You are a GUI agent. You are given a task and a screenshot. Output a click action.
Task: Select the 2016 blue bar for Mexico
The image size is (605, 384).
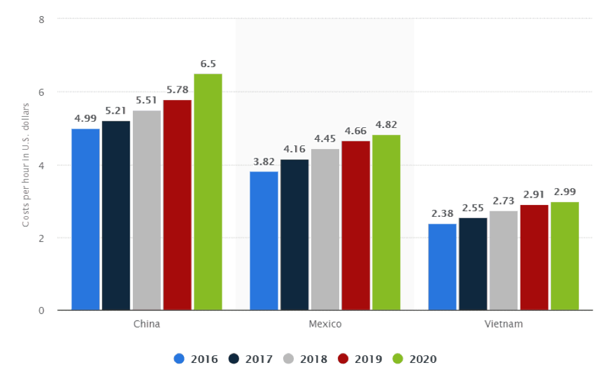coord(264,240)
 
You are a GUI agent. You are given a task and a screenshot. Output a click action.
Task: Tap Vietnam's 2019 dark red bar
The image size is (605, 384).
coord(534,257)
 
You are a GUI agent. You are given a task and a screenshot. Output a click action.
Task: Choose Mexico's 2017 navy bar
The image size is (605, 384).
coord(294,235)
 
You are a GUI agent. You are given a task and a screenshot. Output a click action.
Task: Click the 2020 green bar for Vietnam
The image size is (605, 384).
coord(565,256)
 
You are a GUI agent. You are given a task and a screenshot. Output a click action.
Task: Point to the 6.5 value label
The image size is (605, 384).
coord(208,64)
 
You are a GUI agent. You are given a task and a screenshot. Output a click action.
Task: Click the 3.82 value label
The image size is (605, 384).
coord(264,162)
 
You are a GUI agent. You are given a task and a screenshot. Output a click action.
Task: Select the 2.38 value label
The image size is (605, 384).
coord(442,214)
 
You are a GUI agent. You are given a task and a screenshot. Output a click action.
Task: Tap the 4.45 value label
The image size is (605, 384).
coord(325,139)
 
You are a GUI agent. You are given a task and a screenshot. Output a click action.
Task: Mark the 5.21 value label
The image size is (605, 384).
coord(116,111)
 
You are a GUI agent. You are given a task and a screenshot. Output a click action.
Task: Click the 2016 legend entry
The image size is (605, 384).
coord(196,359)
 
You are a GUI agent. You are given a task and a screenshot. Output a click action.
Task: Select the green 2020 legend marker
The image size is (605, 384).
coord(398,359)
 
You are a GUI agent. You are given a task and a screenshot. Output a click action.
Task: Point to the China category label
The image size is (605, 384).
coord(147,324)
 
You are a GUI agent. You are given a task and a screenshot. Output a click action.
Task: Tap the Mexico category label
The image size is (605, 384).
coord(325,324)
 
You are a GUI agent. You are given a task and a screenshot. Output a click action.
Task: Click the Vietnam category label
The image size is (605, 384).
coord(503,324)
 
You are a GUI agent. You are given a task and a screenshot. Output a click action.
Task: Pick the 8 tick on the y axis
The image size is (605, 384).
coord(41,19)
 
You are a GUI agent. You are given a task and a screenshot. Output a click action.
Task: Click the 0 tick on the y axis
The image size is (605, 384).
coord(41,311)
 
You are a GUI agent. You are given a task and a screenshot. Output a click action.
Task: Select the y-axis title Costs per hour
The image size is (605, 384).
coord(26,165)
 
